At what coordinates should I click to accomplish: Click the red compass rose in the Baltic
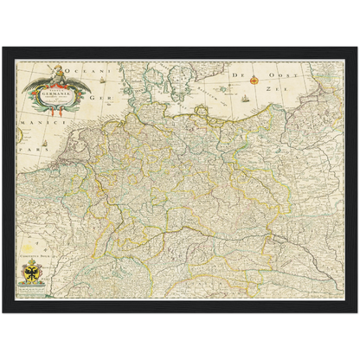(254, 80)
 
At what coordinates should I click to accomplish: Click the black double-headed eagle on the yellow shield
(33, 273)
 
